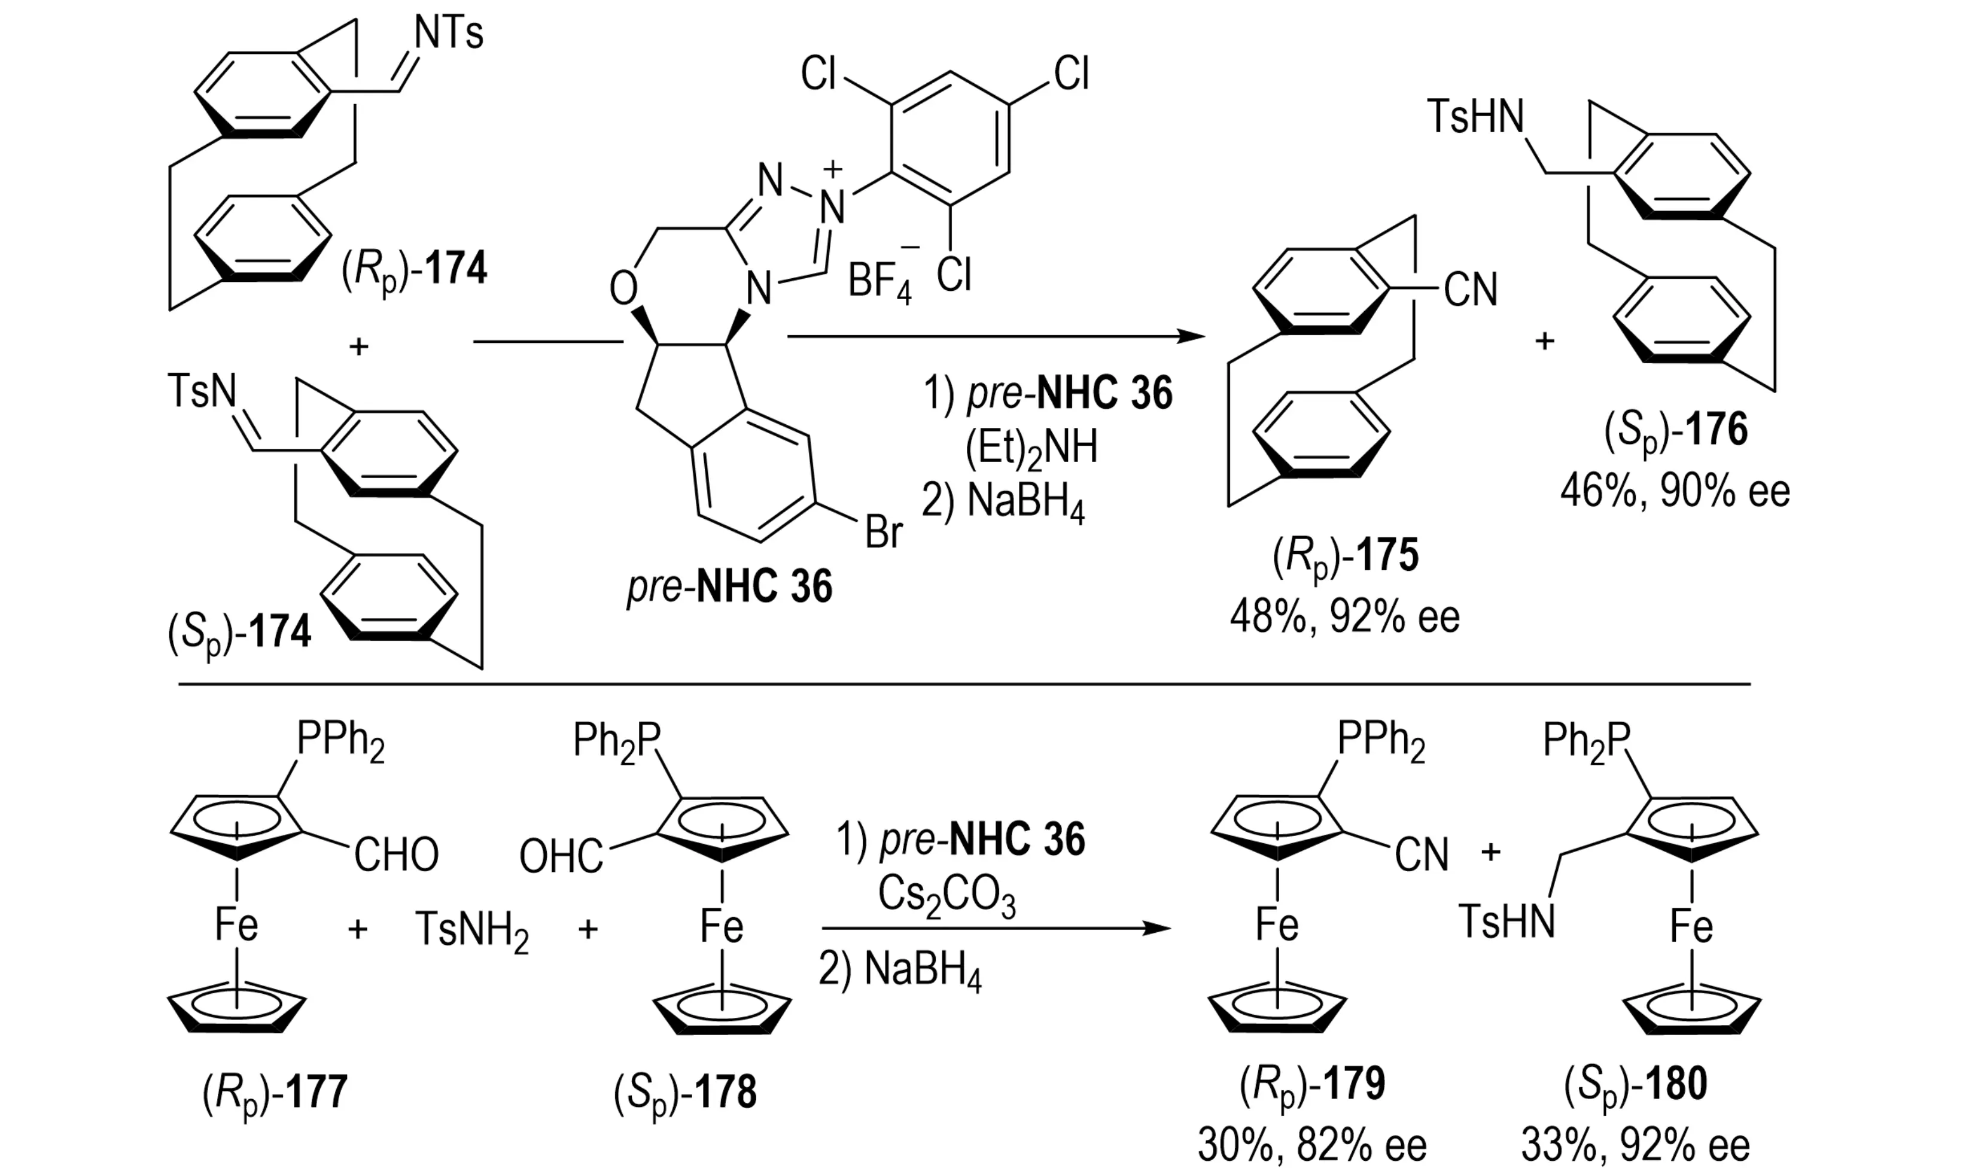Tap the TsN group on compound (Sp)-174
[202, 391]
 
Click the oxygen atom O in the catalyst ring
[623, 289]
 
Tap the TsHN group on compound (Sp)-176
[1475, 117]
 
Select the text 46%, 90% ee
[1674, 492]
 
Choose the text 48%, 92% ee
[1344, 616]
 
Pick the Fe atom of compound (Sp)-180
[1691, 926]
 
